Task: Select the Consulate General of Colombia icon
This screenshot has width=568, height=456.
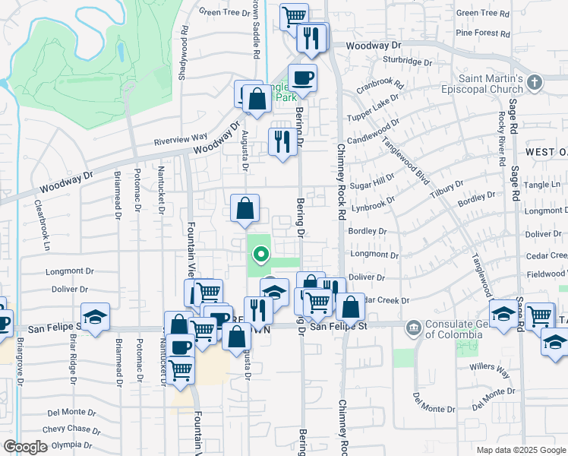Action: click(x=413, y=328)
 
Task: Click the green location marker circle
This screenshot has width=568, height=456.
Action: click(x=260, y=255)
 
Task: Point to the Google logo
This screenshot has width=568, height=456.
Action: click(x=25, y=447)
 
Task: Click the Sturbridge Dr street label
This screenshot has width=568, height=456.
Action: click(x=408, y=62)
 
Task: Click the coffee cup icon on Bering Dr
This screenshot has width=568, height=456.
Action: click(x=302, y=78)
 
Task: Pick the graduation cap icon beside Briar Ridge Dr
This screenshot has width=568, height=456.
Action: click(x=95, y=317)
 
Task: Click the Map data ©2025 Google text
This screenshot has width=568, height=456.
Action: click(x=520, y=450)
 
